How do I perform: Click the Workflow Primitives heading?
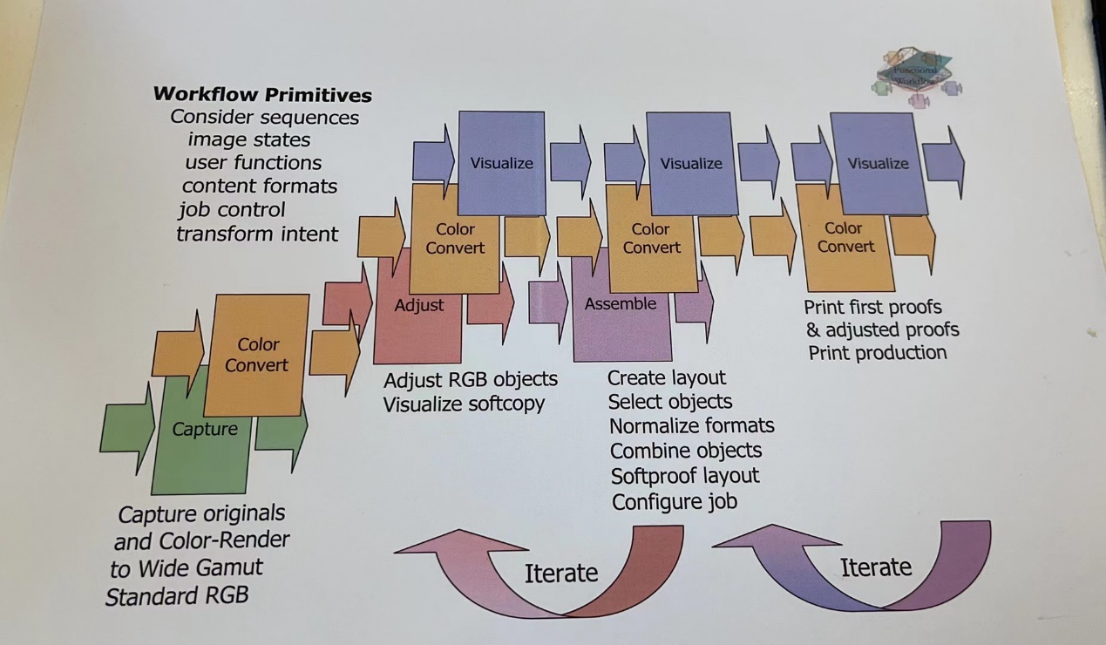click(x=262, y=95)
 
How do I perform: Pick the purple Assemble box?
click(x=621, y=327)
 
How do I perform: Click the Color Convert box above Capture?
click(x=257, y=355)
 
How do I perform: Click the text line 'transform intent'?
click(x=257, y=234)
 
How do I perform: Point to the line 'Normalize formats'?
click(x=691, y=426)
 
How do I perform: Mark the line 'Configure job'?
click(x=674, y=502)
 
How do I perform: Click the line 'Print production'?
click(x=877, y=353)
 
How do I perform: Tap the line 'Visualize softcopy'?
click(x=464, y=404)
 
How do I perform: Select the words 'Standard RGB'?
click(x=177, y=597)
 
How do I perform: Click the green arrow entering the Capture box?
click(x=127, y=429)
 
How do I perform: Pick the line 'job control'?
click(x=232, y=210)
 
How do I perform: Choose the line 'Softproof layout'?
click(x=685, y=476)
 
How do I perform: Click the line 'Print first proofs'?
click(x=872, y=307)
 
